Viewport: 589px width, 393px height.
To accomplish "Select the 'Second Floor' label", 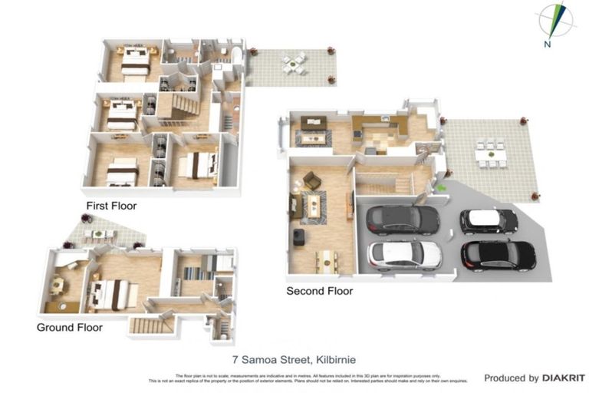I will [319, 291].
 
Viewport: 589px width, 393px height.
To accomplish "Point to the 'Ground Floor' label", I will [70, 327].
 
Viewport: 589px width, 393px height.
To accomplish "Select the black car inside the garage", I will [402, 220].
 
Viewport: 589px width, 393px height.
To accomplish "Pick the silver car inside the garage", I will [404, 253].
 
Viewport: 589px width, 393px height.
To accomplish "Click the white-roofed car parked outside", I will [489, 221].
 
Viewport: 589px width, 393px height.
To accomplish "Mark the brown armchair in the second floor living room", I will [312, 180].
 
